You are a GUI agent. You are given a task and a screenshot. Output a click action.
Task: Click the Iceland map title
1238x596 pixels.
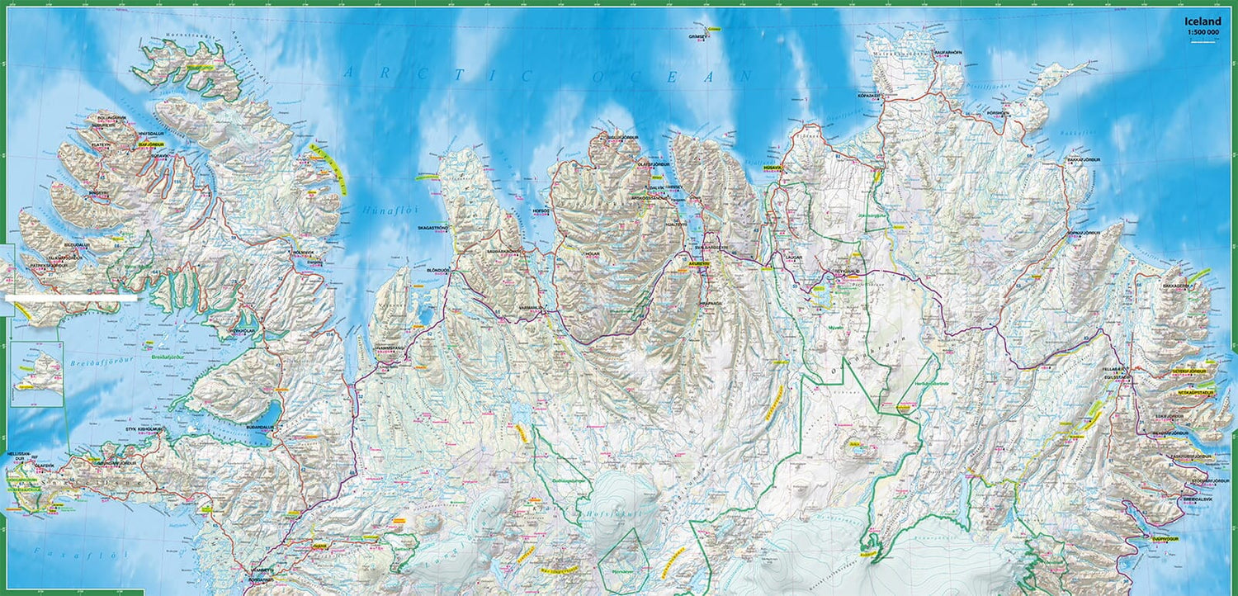(x=1203, y=22)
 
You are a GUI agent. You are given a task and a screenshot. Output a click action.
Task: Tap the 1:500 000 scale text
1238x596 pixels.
(x=1203, y=33)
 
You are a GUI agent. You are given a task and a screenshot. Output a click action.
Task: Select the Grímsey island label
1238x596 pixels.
(x=698, y=36)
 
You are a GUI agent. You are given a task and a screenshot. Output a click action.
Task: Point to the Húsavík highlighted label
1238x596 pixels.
(x=773, y=167)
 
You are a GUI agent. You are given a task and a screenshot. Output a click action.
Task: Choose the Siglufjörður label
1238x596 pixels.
(x=611, y=137)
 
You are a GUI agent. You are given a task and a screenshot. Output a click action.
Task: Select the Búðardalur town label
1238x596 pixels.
(x=259, y=428)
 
